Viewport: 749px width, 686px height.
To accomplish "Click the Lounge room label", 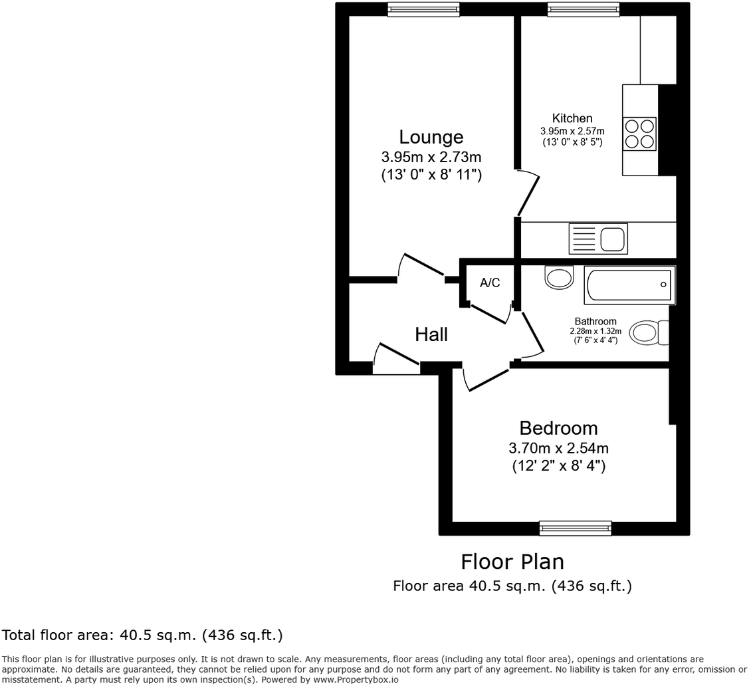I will [x=431, y=137].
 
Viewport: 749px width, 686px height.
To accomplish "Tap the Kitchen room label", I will [x=572, y=118].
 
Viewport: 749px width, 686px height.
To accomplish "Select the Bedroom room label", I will [x=558, y=427].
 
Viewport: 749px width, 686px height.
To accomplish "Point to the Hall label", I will [x=431, y=334].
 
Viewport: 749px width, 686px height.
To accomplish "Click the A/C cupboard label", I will [x=490, y=283].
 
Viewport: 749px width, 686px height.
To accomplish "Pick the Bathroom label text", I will [x=595, y=322].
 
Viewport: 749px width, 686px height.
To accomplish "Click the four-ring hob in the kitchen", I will [x=640, y=134].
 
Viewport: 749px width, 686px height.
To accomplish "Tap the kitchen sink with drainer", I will [x=598, y=239].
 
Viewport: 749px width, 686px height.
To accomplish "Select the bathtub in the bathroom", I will [x=629, y=285].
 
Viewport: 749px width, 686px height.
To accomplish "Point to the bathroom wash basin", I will [x=559, y=277].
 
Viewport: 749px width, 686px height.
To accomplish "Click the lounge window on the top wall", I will [x=423, y=9].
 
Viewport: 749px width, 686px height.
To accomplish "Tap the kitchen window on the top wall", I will [x=584, y=9].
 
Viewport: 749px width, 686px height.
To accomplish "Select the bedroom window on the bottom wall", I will [x=575, y=528].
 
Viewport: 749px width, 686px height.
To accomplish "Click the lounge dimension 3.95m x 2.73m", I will [x=431, y=158].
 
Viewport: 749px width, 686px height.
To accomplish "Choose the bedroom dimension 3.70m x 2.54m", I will [x=558, y=448].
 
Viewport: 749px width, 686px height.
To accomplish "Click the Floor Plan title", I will [x=512, y=562].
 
